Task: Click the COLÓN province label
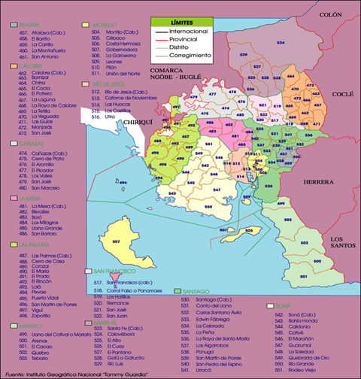point(329,14)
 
